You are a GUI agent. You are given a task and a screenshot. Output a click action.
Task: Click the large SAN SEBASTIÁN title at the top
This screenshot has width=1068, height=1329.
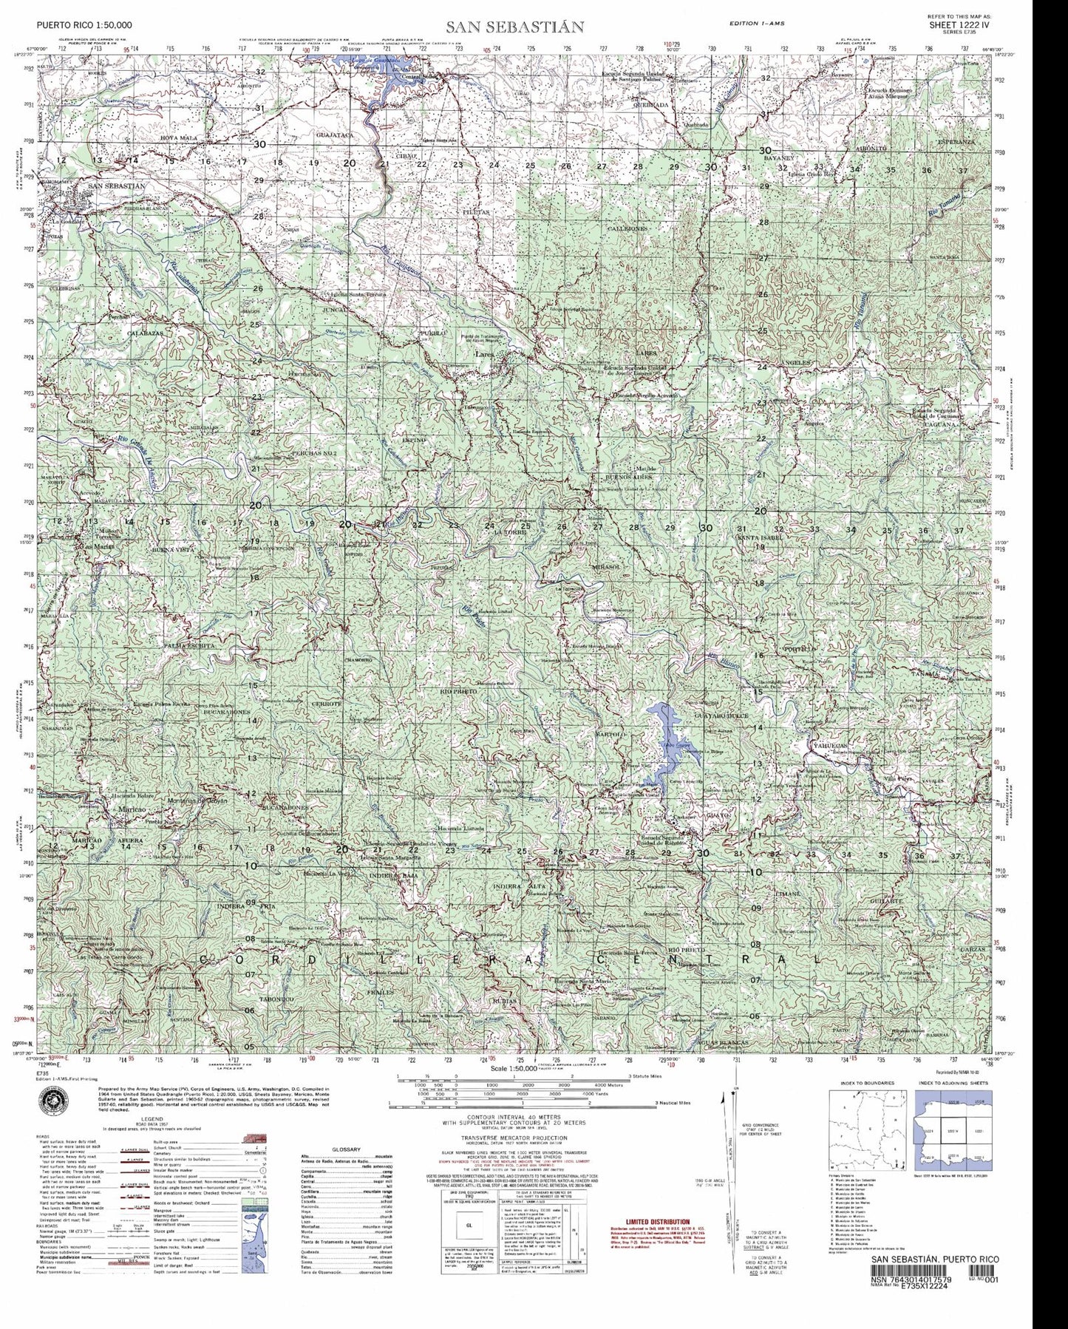[514, 27]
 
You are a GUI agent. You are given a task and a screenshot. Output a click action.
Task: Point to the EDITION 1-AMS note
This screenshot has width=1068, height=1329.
[758, 24]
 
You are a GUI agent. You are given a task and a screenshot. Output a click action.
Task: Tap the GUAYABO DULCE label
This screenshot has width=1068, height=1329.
[722, 716]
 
